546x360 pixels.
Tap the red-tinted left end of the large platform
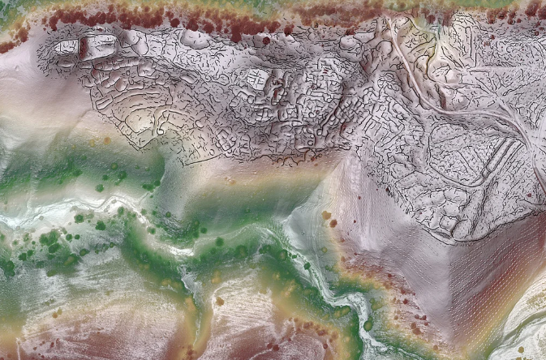82,48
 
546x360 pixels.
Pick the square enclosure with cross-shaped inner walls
259,79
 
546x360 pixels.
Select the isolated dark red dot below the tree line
266,40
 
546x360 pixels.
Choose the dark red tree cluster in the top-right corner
531,10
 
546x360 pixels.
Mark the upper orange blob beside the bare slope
326,215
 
